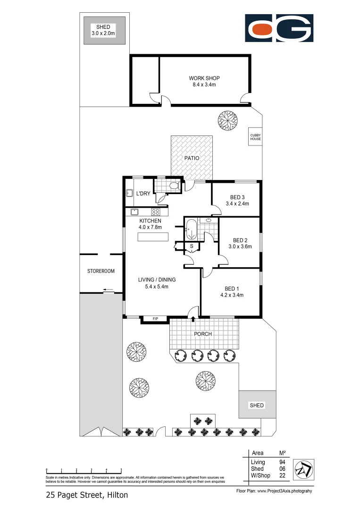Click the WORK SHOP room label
pyautogui.click(x=204, y=78)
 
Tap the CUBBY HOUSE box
pyautogui.click(x=255, y=137)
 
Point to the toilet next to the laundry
pyautogui.click(x=174, y=187)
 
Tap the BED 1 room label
pyautogui.click(x=232, y=289)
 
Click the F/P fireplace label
pyautogui.click(x=155, y=320)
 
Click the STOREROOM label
pyautogui.click(x=101, y=271)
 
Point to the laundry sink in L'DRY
pyautogui.click(x=130, y=193)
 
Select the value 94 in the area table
pyautogui.click(x=282, y=462)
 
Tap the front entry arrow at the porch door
pyautogui.click(x=193, y=319)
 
